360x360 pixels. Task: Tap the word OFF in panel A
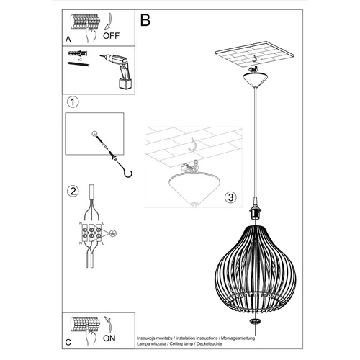(x=112, y=33)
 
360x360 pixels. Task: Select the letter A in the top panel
(x=68, y=40)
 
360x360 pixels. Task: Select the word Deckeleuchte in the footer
(x=242, y=343)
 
